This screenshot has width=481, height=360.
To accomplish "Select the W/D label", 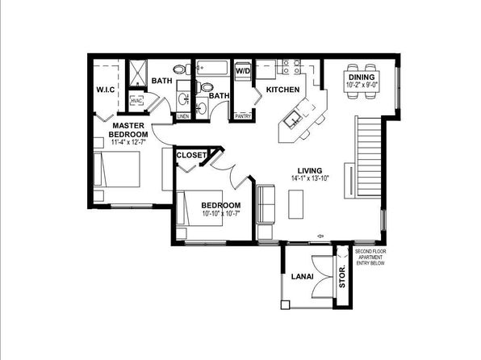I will [x=242, y=71].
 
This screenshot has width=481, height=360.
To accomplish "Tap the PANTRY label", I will [x=242, y=116].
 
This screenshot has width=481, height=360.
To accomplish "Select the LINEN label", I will [x=183, y=116].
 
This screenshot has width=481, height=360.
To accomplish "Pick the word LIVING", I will [x=309, y=170].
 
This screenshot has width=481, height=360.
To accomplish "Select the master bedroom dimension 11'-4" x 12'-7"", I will [x=129, y=143].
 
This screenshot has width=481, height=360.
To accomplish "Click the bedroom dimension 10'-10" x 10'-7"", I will [x=221, y=214].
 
